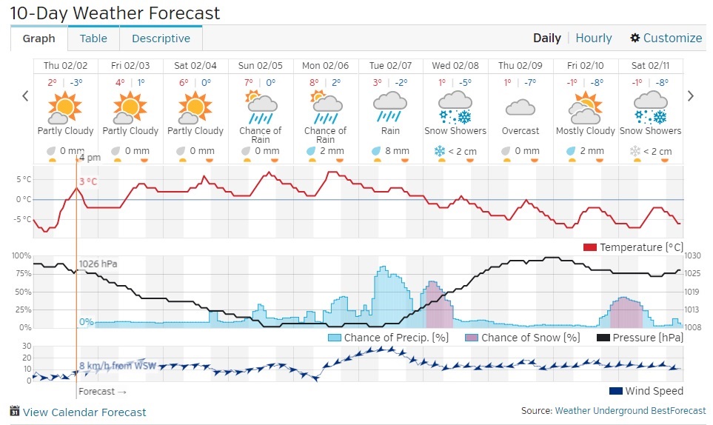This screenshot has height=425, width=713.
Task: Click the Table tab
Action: [93, 39]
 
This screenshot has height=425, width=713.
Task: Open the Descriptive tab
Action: [161, 39]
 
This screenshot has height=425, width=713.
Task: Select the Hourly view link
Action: [594, 39]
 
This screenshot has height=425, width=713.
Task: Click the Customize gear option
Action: [666, 39]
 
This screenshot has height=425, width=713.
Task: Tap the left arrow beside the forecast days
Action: [25, 96]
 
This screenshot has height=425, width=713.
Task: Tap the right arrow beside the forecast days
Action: [691, 96]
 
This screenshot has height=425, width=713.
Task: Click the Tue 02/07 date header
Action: [390, 66]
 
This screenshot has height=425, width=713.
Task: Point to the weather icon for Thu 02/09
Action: [520, 108]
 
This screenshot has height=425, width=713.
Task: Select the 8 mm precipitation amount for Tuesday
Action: [397, 151]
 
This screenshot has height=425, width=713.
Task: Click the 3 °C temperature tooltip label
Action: [88, 181]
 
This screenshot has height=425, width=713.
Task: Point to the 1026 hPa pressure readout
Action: [98, 264]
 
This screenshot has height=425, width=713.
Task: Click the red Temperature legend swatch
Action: [590, 247]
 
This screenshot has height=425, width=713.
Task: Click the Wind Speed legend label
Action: [654, 391]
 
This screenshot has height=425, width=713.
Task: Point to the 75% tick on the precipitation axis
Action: [21, 274]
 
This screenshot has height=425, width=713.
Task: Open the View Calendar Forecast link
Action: [84, 412]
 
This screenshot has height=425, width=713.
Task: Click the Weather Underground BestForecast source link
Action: [629, 411]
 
